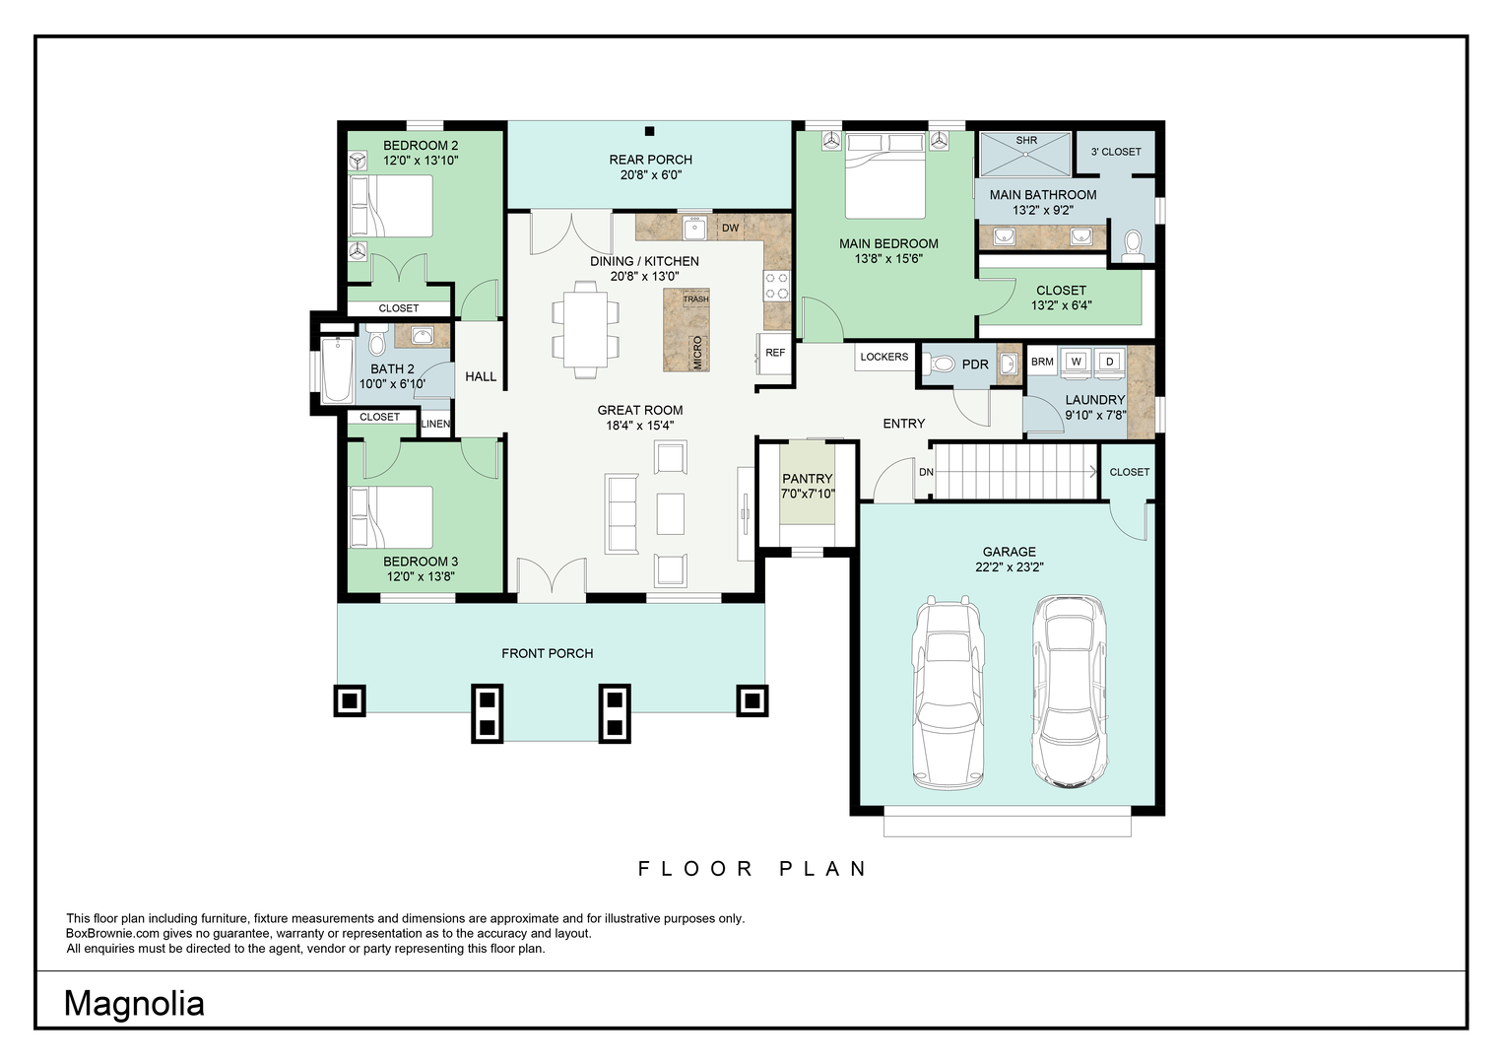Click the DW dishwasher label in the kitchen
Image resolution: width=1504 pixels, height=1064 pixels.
[x=731, y=228]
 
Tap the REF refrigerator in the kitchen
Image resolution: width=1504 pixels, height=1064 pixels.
[x=774, y=353]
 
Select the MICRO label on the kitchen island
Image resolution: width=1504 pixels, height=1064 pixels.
[x=697, y=353]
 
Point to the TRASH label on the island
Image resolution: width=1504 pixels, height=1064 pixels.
[x=695, y=299]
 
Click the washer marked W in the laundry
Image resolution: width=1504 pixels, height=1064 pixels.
[x=1077, y=362]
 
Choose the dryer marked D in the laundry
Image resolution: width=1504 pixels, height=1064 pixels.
[x=1110, y=362]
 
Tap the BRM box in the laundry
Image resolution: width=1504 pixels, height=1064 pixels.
[x=1042, y=362]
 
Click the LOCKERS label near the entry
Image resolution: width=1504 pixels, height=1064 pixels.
[x=883, y=357]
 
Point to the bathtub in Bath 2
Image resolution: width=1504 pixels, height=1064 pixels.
[x=337, y=370]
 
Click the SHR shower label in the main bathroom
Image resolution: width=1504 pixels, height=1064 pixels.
[x=1026, y=140]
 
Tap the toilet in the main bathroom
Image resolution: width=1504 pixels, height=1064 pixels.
[x=1133, y=245]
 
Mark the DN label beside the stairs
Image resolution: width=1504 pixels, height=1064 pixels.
[x=926, y=472]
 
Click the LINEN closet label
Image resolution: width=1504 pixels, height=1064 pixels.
[x=435, y=424]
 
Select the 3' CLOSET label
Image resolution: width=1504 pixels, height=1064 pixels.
[x=1116, y=152]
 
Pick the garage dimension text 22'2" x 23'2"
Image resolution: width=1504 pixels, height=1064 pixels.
[x=1010, y=566]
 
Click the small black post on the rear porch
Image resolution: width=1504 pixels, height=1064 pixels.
[x=649, y=132]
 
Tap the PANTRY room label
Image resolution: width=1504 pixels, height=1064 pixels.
[x=807, y=478]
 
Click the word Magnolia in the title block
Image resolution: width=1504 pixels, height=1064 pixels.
[x=134, y=1004]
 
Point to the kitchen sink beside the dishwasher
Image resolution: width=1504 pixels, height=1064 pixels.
[x=695, y=229]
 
